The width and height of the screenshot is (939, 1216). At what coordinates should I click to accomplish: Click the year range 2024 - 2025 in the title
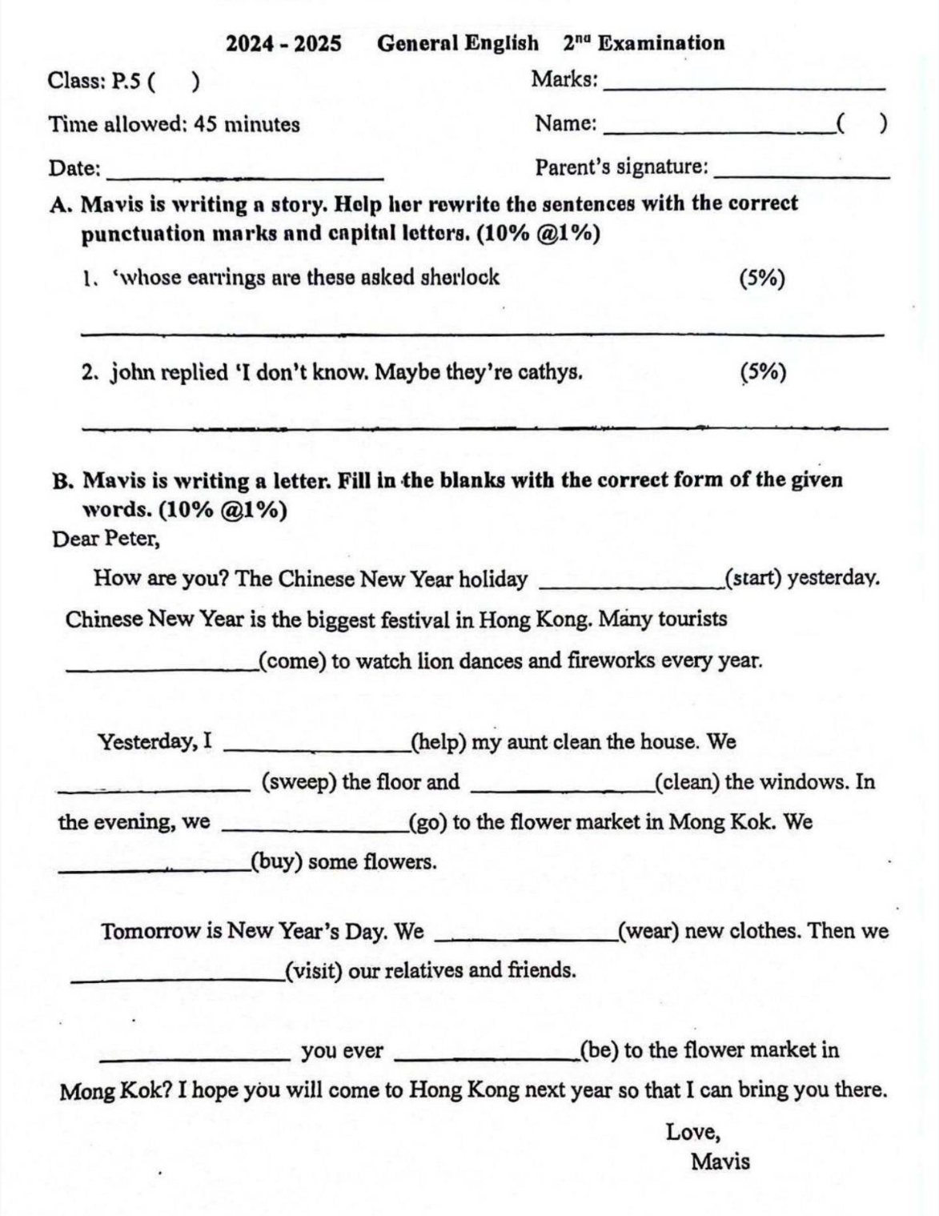[283, 43]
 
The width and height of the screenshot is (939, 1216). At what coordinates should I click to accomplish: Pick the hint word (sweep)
[299, 781]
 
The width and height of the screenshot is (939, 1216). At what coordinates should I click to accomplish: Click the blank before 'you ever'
[195, 1057]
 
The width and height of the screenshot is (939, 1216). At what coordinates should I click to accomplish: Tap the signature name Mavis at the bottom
[720, 1161]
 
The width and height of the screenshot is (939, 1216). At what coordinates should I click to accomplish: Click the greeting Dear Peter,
[106, 539]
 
